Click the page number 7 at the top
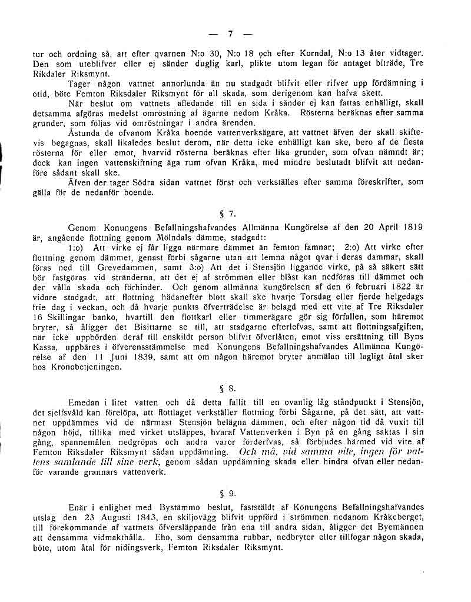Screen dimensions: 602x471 [x=231, y=33]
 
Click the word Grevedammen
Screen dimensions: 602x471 [x=98, y=267]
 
